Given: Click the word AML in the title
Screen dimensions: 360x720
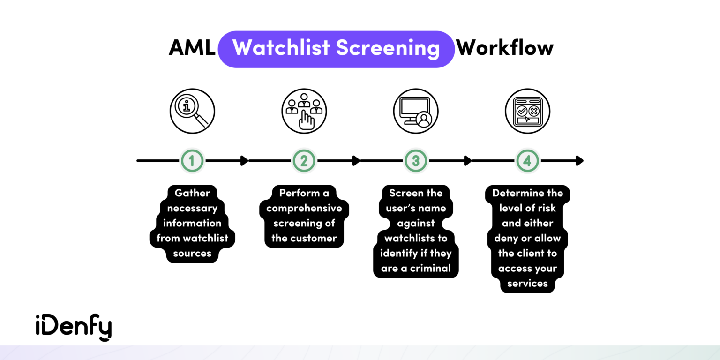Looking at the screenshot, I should click(x=192, y=48).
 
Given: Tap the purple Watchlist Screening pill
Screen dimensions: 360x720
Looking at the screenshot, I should click(x=336, y=49).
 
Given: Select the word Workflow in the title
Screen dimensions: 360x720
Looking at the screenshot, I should click(x=505, y=48).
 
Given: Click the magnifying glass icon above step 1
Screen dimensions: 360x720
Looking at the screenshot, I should click(x=192, y=112).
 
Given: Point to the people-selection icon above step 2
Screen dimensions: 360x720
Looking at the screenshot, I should click(x=304, y=112).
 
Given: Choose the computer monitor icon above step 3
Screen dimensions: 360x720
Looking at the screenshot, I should click(x=415, y=112).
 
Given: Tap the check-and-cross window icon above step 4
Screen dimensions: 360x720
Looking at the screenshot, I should click(x=527, y=112).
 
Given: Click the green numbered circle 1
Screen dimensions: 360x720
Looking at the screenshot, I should click(x=192, y=161).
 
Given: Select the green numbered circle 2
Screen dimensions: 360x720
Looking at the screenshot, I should click(x=304, y=161).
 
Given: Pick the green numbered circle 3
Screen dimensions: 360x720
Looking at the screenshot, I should click(x=416, y=161).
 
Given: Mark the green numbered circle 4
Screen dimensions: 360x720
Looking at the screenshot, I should click(x=527, y=161).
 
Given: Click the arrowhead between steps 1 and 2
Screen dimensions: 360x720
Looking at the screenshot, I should click(x=244, y=161).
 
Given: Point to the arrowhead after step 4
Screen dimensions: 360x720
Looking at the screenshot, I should click(x=579, y=161).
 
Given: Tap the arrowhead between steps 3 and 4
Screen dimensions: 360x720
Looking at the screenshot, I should click(x=468, y=161).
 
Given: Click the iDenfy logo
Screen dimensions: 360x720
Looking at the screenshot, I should click(x=74, y=327).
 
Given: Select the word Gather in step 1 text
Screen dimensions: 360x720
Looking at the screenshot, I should click(x=192, y=193).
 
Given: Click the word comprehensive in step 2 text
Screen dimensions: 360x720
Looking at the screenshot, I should click(x=304, y=208).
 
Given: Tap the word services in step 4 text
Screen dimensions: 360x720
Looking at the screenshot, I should click(x=527, y=283).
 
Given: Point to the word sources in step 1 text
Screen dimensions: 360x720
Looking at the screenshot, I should click(x=192, y=253).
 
